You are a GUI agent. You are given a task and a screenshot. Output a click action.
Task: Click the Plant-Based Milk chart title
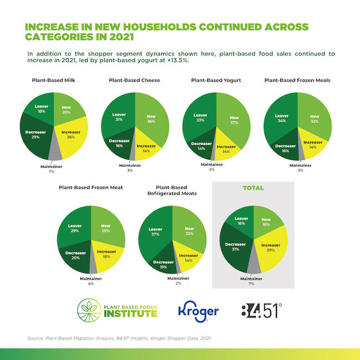53,80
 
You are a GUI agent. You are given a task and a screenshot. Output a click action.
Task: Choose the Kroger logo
198,311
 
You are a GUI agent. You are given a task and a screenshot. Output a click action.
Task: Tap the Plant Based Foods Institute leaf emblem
91,310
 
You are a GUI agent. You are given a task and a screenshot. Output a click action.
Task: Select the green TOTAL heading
252,188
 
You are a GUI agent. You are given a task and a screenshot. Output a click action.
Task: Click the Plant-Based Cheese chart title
135,80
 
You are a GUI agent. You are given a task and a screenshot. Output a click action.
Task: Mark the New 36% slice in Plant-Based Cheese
151,119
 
